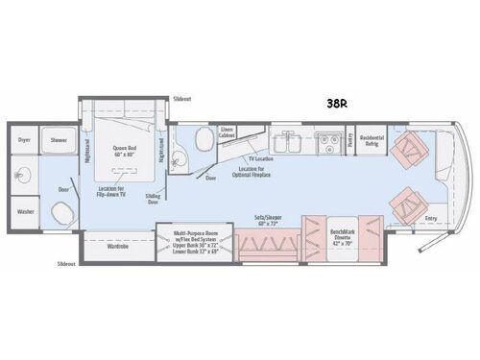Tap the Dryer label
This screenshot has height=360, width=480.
[25, 139]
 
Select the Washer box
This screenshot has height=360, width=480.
[25, 211]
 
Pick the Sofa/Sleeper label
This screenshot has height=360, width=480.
[268, 221]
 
